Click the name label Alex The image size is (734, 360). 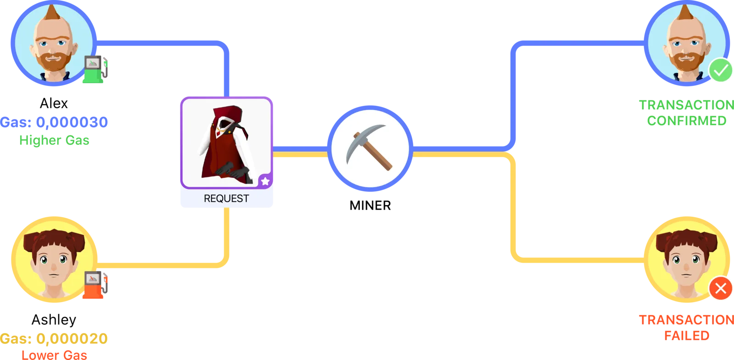click(x=54, y=104)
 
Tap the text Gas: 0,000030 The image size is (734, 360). click(x=54, y=122)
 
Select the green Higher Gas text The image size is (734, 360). click(x=54, y=140)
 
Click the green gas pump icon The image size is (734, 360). click(x=95, y=69)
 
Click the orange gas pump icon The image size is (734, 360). click(x=95, y=285)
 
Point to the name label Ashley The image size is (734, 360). click(x=54, y=320)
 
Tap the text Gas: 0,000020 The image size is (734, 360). click(x=54, y=339)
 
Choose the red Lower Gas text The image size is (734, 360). click(x=54, y=355)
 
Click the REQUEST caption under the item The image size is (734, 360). click(x=227, y=199)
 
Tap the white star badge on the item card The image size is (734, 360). click(x=266, y=181)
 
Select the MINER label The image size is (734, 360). click(x=370, y=206)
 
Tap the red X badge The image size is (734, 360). click(x=721, y=288)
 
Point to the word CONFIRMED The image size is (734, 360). click(x=687, y=121)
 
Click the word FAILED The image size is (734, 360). click(x=687, y=336)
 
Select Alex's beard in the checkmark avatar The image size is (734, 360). click(x=686, y=61)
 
